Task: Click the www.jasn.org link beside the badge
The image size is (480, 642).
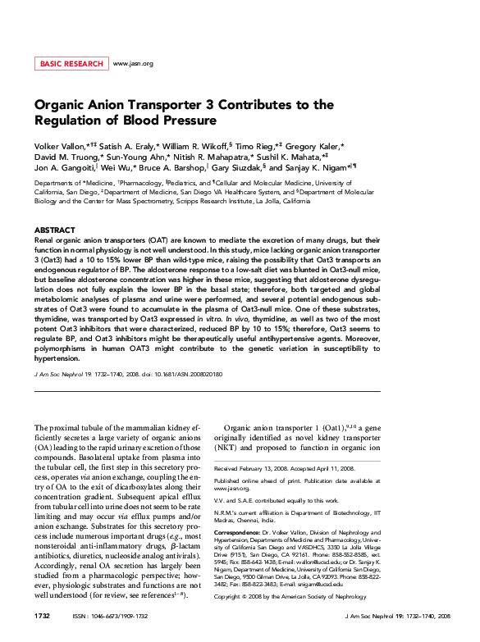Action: [x=133, y=63]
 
